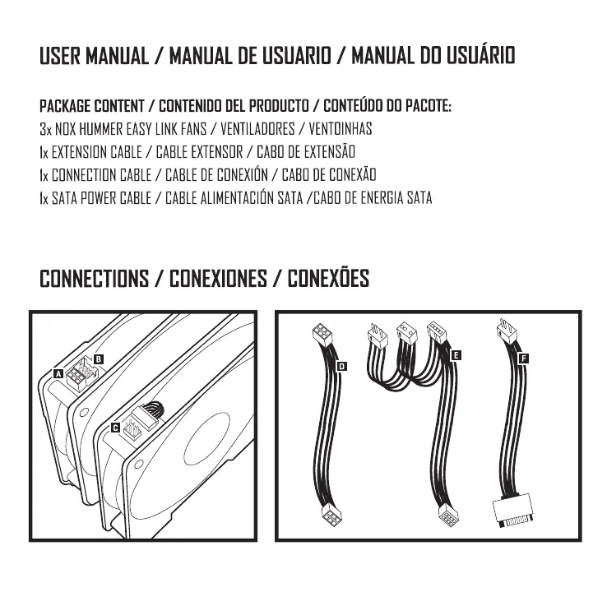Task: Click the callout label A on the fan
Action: pyautogui.click(x=58, y=372)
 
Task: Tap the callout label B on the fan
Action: pyautogui.click(x=98, y=359)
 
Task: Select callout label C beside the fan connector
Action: pyautogui.click(x=115, y=428)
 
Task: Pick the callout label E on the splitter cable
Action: pyautogui.click(x=456, y=354)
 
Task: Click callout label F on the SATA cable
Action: pyautogui.click(x=524, y=358)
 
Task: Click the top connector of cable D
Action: pyautogui.click(x=320, y=335)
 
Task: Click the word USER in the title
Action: pyautogui.click(x=60, y=57)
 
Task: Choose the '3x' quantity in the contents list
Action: pyautogui.click(x=45, y=130)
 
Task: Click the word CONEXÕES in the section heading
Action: pyautogui.click(x=328, y=279)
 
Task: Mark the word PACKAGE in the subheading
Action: pyautogui.click(x=65, y=107)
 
